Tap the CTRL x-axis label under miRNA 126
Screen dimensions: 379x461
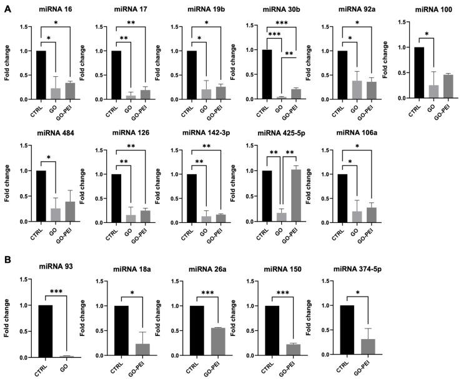(113, 235)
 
